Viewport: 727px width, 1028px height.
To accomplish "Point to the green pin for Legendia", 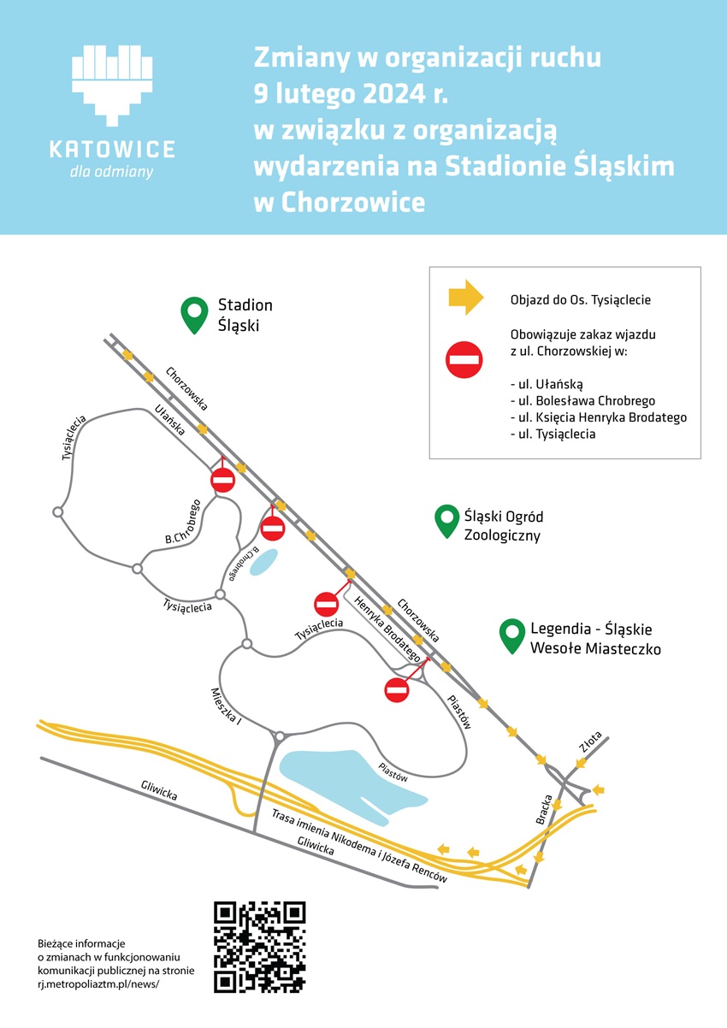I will tap(512, 635).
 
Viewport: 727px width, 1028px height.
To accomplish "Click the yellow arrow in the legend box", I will tap(466, 298).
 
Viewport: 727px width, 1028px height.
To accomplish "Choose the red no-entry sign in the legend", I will tap(466, 358).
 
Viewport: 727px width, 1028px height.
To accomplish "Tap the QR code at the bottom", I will tap(259, 947).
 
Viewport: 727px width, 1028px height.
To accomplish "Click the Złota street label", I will tap(591, 741).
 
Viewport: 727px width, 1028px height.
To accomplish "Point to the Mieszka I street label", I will tap(227, 707).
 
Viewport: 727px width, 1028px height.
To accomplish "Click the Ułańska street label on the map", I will tap(170, 420).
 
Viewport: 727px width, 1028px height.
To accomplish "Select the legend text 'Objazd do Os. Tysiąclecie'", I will tap(580, 299).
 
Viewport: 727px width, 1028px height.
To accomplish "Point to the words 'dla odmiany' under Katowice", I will tap(112, 172).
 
